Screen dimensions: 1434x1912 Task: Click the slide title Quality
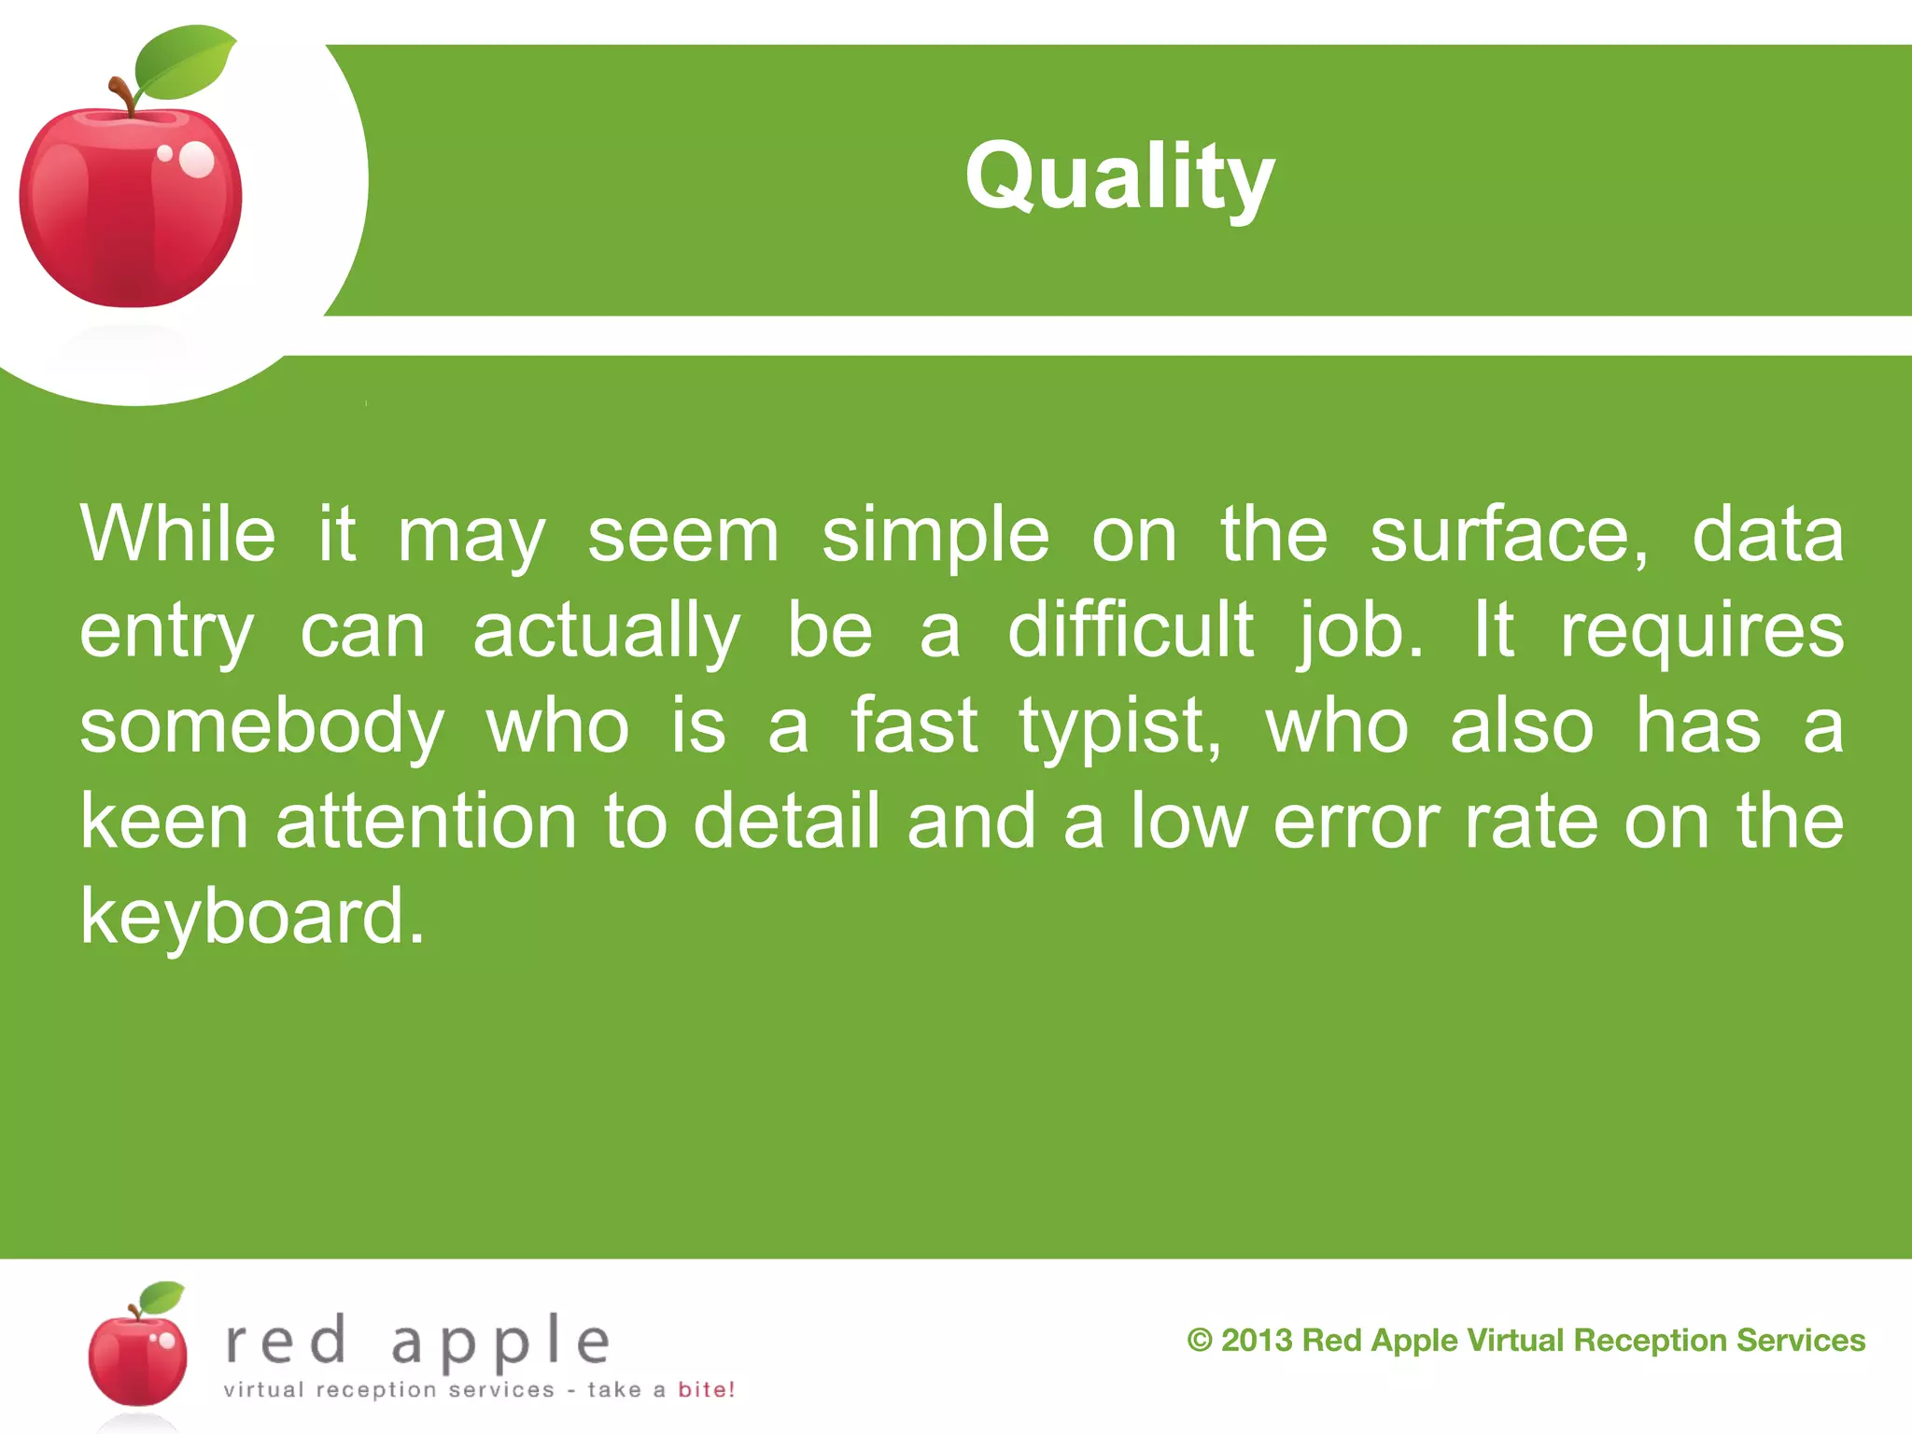(1119, 177)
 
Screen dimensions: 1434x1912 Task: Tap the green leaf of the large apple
(184, 63)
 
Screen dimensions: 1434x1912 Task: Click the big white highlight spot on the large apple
(197, 160)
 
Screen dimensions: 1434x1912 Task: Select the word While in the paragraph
(178, 535)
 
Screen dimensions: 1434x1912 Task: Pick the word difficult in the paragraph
(1131, 631)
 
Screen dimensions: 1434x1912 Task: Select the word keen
(164, 822)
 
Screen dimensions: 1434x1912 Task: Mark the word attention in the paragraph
(427, 822)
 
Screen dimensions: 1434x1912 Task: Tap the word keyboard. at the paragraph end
(252, 918)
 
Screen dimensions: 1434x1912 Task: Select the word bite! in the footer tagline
(706, 1390)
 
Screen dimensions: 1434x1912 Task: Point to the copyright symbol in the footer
(1200, 1341)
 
